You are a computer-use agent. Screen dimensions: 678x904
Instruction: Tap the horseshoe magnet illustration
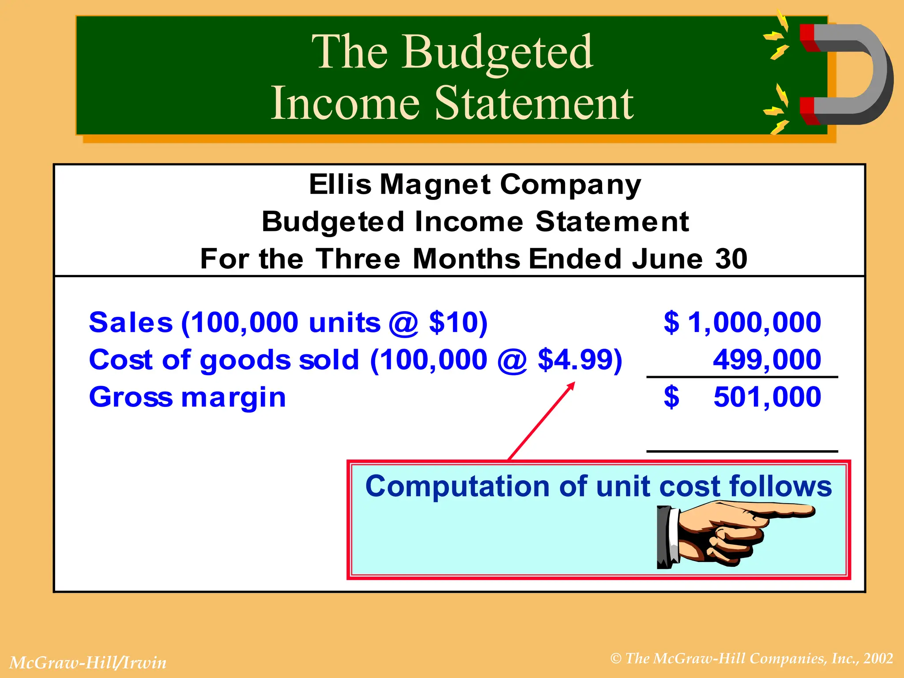(x=845, y=75)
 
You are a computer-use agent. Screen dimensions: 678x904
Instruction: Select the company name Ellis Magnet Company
(x=475, y=185)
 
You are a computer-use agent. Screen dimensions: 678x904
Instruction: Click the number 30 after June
(x=731, y=259)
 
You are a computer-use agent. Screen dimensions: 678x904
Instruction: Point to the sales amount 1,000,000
(x=754, y=322)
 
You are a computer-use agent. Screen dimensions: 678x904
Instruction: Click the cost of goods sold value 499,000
(x=767, y=359)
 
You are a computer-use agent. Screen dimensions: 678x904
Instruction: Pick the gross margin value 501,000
(x=767, y=397)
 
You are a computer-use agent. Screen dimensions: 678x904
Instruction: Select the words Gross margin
(x=188, y=397)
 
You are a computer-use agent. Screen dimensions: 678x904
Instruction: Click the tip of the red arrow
(x=573, y=383)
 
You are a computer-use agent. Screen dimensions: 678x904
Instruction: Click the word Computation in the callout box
(x=457, y=486)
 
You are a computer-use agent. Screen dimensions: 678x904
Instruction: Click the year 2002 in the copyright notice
(x=878, y=659)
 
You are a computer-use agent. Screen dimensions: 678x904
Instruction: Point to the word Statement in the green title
(x=534, y=103)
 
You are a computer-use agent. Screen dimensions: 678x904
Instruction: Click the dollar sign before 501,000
(x=671, y=397)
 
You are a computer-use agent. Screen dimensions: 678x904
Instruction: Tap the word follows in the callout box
(x=780, y=486)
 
